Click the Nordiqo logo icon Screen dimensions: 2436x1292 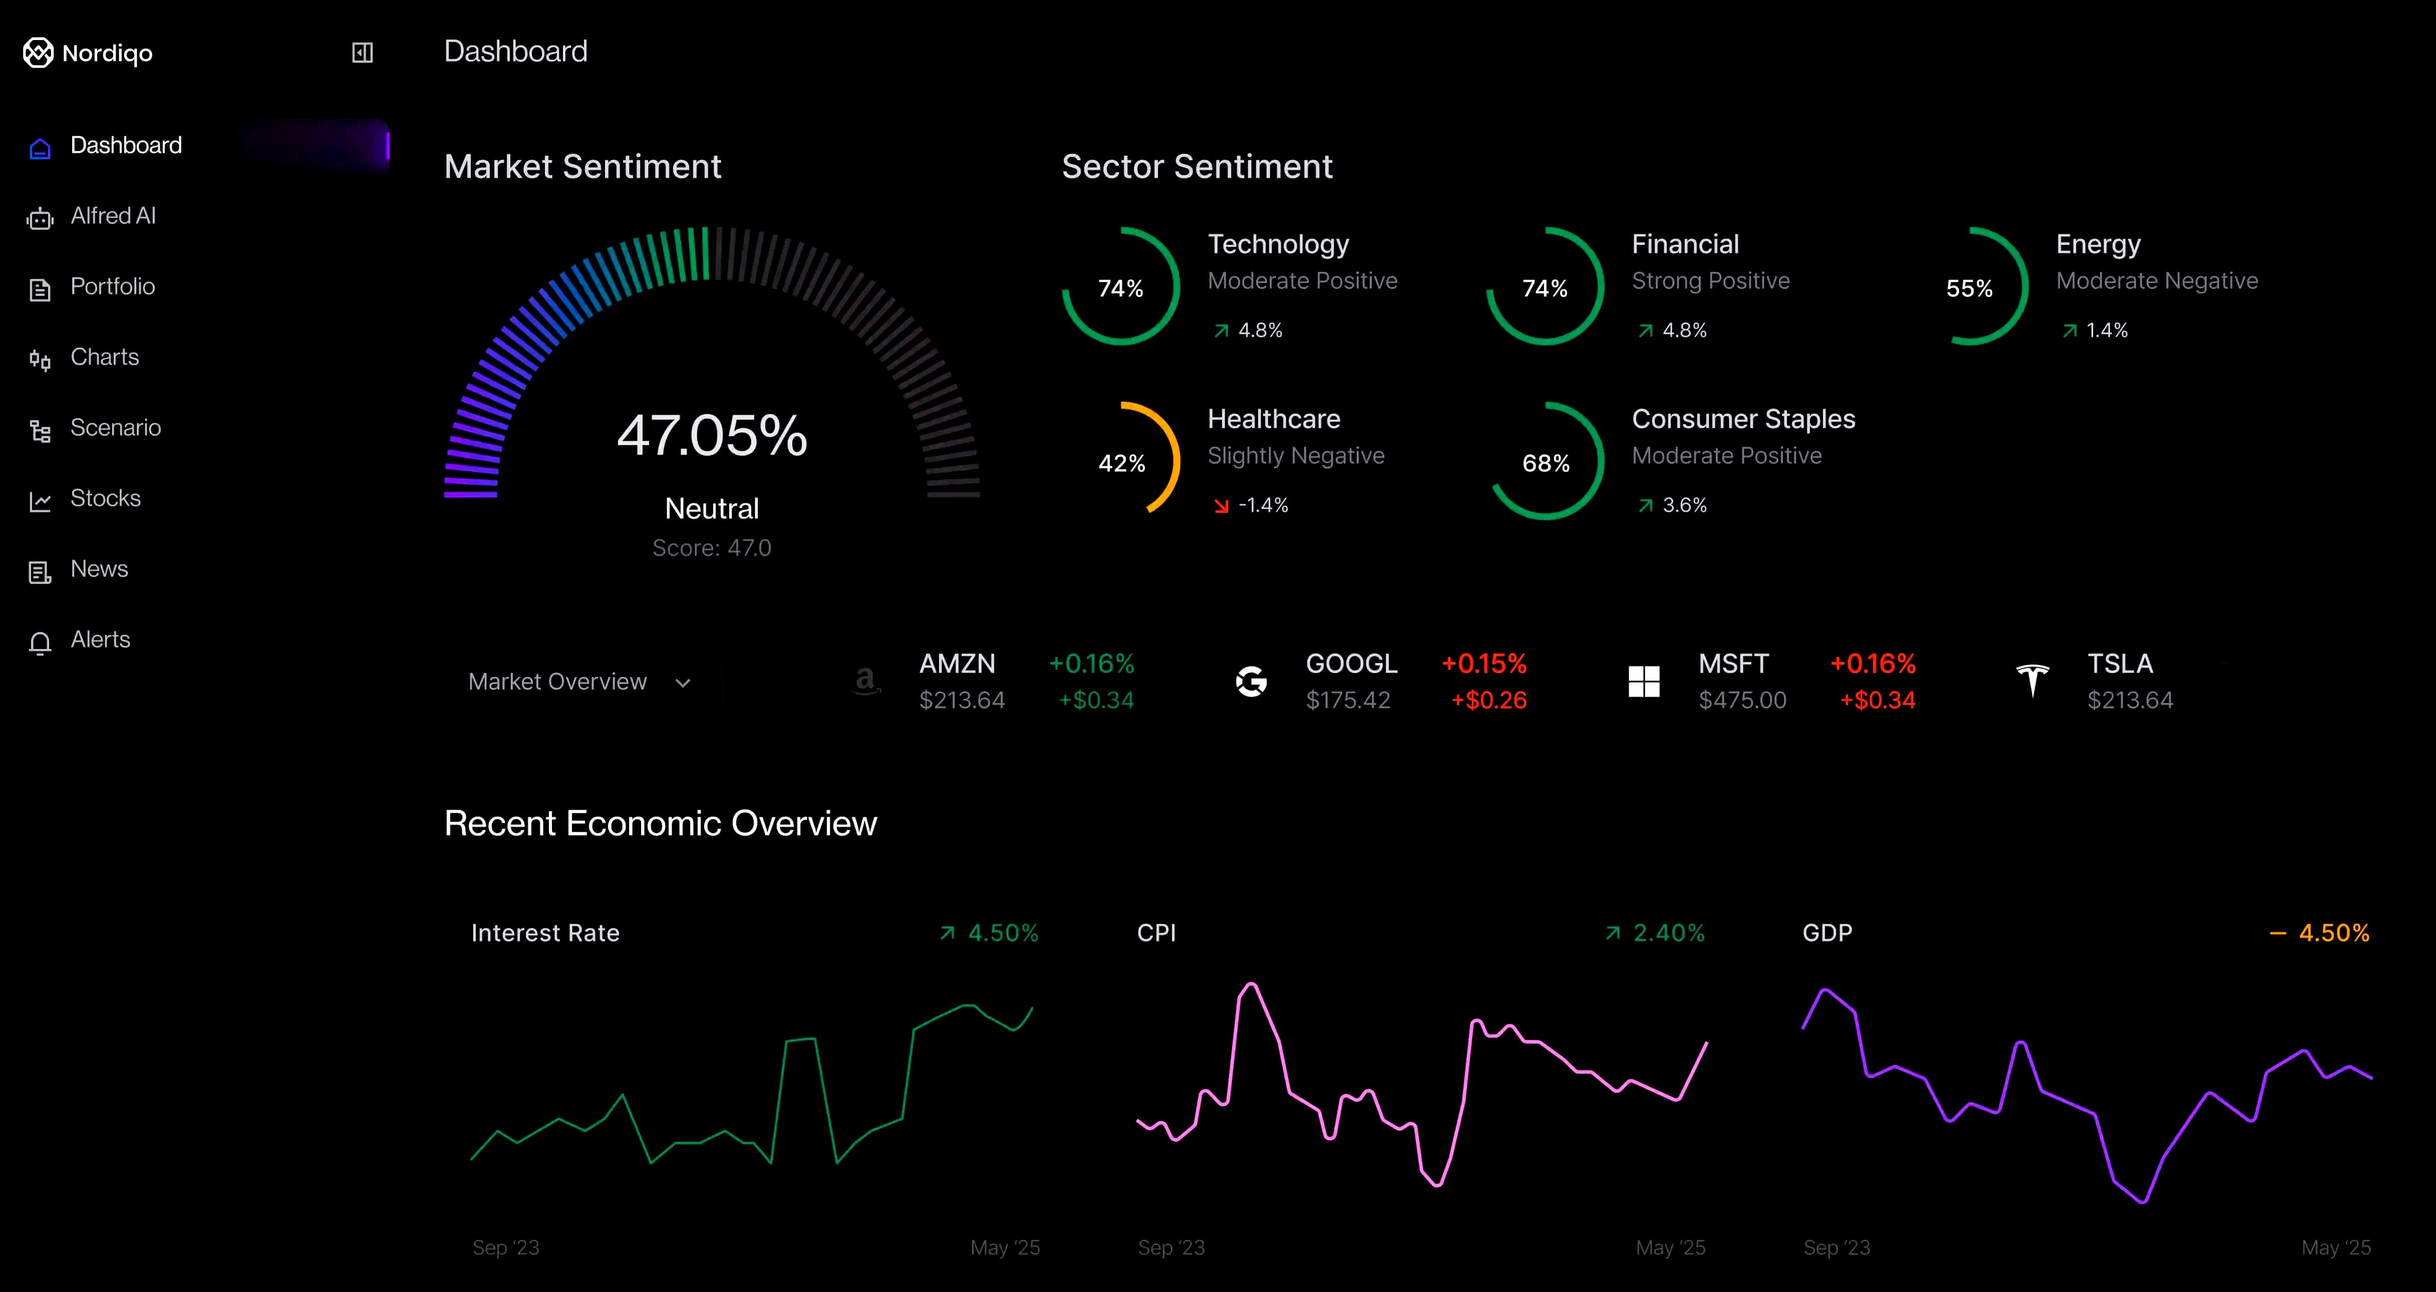(38, 53)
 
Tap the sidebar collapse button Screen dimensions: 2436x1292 (362, 53)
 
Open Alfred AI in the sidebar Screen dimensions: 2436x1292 (113, 216)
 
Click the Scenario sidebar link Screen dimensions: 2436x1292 (115, 428)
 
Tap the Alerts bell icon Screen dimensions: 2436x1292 (40, 643)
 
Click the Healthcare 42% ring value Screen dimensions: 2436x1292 (1121, 463)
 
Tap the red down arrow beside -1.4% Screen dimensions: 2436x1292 (1221, 505)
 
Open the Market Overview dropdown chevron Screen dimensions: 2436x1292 (683, 683)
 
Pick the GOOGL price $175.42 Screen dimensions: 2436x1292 (1348, 700)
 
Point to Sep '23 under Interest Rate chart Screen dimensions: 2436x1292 (506, 1247)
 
